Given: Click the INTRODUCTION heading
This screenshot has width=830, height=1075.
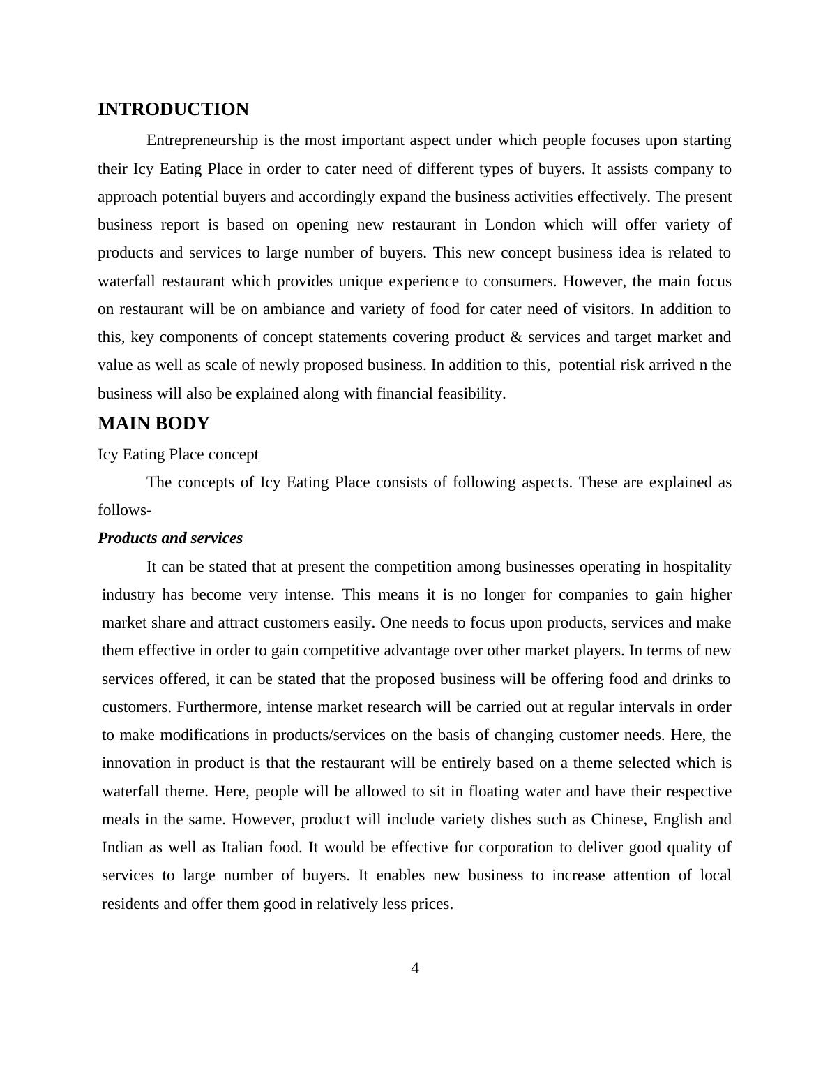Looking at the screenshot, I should (x=173, y=110).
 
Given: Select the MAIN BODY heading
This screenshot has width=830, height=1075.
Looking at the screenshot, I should (x=153, y=424).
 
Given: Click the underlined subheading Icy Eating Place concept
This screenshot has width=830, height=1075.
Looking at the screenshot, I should (x=178, y=454).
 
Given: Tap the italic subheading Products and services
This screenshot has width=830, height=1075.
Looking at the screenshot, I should (x=170, y=538).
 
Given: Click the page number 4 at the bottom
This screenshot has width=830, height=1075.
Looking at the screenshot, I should (x=415, y=968).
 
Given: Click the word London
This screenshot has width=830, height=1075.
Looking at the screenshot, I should (x=510, y=225).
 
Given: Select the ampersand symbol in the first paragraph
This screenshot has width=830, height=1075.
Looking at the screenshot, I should (x=516, y=337).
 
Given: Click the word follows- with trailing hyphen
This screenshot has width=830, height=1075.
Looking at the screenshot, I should (x=125, y=510).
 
